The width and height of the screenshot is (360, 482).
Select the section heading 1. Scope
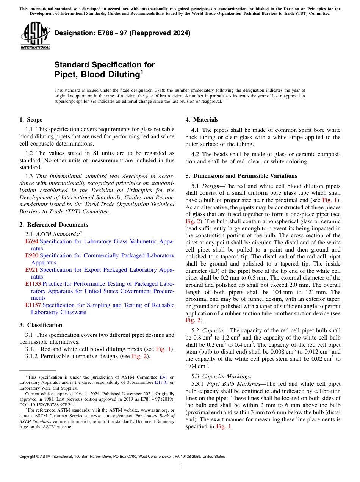click(31, 120)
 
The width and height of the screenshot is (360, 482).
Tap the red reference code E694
click(32, 241)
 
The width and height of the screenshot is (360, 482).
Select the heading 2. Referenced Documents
click(54, 225)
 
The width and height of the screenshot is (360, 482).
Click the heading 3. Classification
click(41, 325)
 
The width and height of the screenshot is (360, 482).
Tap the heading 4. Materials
click(202, 120)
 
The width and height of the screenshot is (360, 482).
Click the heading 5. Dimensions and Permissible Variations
click(241, 176)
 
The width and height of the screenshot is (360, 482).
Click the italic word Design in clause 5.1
click(211, 186)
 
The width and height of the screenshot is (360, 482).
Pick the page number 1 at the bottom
click(180, 466)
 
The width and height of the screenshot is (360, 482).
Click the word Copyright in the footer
click(28, 457)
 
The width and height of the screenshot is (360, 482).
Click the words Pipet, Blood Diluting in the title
click(96, 75)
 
